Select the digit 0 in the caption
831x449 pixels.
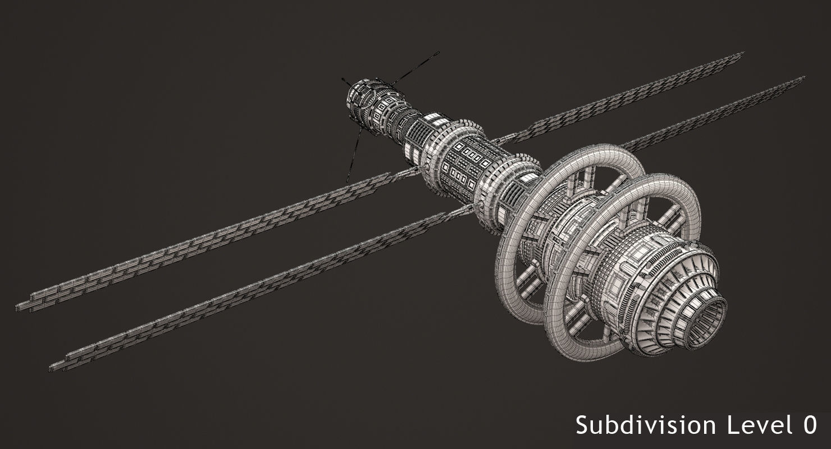809,425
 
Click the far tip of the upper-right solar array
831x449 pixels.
741,54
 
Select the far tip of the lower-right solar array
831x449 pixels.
802,79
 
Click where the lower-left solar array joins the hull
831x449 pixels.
469,210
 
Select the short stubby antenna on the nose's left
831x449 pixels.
344,82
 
